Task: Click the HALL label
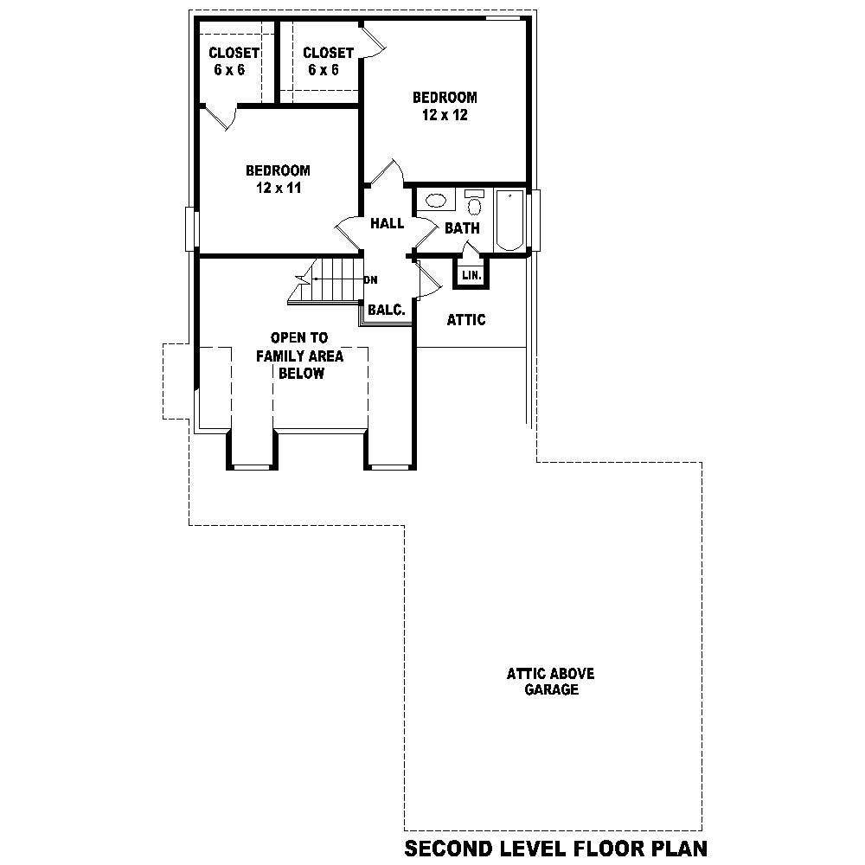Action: tap(387, 224)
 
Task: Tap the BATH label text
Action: tap(462, 228)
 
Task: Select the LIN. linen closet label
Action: tap(471, 275)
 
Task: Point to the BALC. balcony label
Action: tap(386, 310)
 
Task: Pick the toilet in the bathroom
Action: tap(474, 205)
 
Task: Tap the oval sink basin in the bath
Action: tap(435, 202)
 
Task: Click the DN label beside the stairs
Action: tap(370, 279)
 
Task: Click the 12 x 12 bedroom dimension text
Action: tap(445, 115)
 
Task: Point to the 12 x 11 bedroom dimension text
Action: tap(278, 188)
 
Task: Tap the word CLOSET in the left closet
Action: tap(234, 53)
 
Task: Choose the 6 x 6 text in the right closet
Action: tap(323, 70)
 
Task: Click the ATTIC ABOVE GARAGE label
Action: tap(550, 682)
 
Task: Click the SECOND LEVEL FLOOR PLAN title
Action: tap(555, 848)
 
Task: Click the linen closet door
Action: tap(470, 250)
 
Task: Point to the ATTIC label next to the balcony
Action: tap(465, 320)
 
